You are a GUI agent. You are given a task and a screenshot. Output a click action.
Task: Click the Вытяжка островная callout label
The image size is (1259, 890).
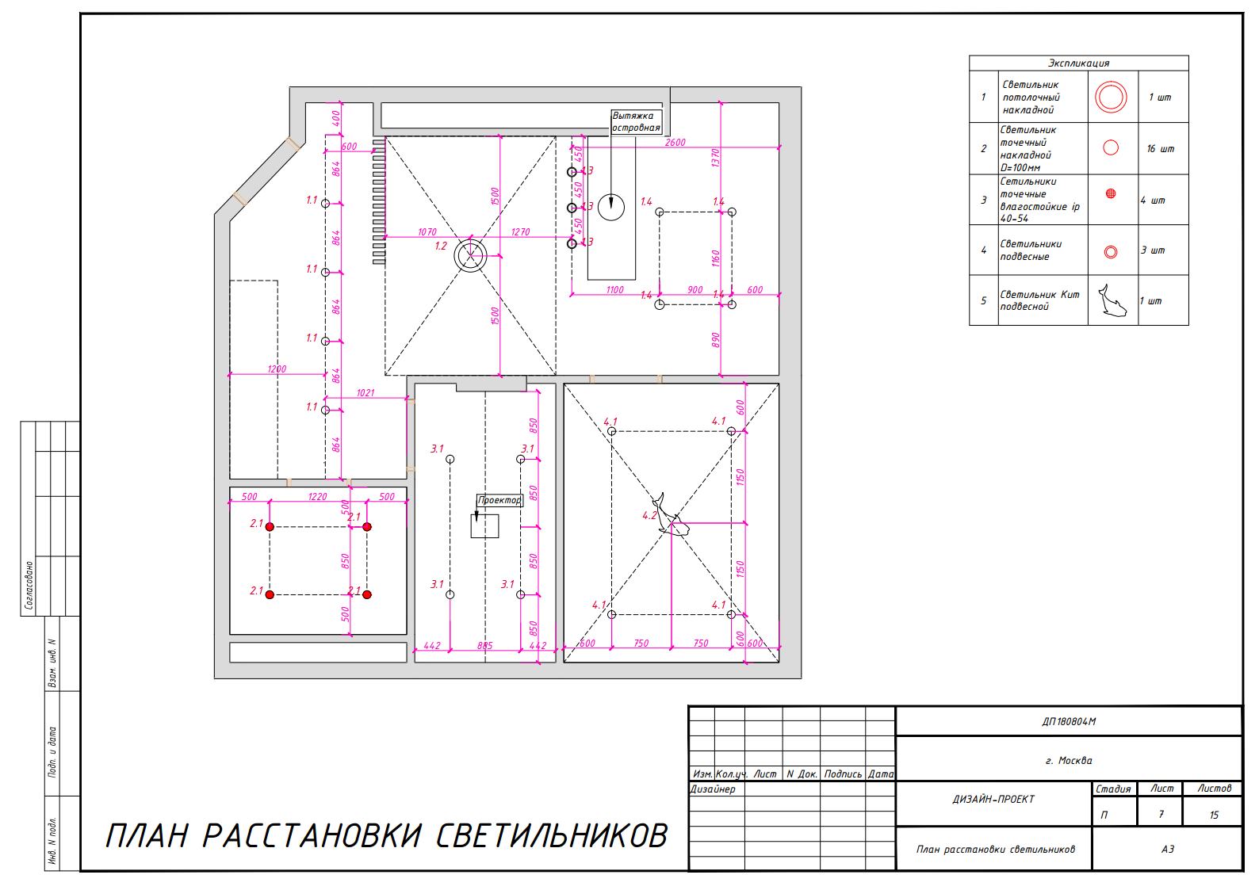637,122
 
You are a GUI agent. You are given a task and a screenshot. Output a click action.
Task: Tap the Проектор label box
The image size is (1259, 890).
499,500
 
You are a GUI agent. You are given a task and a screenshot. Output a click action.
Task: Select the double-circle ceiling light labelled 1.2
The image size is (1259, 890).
470,256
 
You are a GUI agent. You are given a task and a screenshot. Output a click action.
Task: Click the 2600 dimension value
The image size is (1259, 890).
675,142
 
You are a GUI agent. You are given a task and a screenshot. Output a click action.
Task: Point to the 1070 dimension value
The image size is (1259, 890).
427,231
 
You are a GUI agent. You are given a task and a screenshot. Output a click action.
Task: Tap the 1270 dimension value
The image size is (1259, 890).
520,231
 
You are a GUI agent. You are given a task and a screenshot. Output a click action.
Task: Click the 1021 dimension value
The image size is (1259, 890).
365,393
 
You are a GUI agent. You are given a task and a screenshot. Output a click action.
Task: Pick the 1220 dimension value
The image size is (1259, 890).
318,497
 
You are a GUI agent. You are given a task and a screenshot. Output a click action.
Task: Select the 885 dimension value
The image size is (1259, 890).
485,646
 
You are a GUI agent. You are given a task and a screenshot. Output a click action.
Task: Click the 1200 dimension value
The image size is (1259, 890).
277,369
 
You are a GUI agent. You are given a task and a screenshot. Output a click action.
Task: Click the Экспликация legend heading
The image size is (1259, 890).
1078,63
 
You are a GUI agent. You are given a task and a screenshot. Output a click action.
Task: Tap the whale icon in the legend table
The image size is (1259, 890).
1112,300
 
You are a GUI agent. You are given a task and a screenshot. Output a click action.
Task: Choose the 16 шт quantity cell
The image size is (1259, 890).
1160,149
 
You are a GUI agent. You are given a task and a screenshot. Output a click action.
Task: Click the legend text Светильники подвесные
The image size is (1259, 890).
1030,250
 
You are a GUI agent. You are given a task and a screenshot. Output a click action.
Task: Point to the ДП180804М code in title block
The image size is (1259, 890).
1069,721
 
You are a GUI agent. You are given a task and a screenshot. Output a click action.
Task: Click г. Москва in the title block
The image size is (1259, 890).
1069,760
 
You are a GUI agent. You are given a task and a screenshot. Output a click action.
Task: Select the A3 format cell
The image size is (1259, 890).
1167,849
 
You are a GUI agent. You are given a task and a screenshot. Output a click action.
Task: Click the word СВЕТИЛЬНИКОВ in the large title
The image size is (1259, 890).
552,835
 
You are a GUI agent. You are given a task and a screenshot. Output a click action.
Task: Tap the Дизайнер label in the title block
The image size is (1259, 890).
713,789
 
